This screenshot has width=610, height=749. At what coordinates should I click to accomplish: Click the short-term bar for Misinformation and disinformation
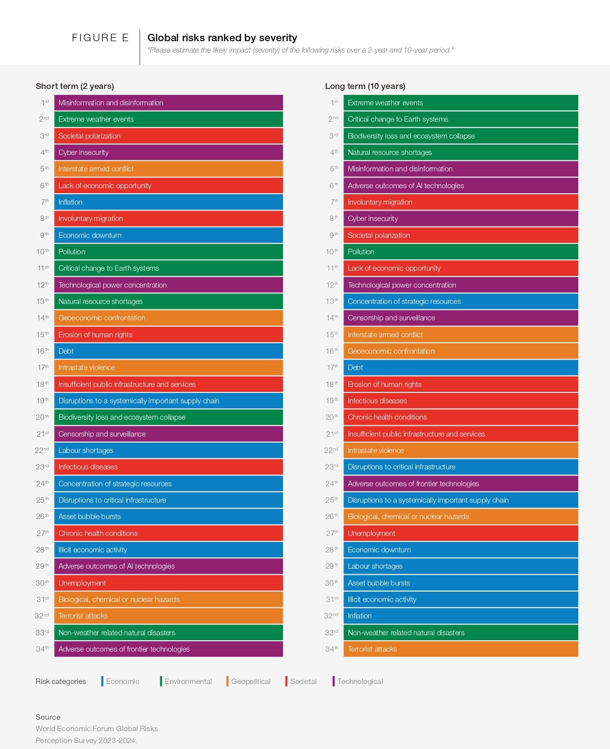click(x=168, y=103)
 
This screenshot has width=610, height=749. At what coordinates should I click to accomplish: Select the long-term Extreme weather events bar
click(x=461, y=103)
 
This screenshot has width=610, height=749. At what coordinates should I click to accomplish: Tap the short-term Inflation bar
click(x=168, y=202)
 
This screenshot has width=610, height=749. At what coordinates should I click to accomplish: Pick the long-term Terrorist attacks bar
click(x=461, y=649)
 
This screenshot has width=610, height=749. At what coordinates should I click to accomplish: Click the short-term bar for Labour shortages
click(x=168, y=450)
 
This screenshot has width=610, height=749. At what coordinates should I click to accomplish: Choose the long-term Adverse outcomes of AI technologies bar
click(x=461, y=186)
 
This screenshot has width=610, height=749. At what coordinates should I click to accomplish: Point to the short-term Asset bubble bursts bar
click(x=168, y=517)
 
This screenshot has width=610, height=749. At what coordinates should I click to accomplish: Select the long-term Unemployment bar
click(x=461, y=533)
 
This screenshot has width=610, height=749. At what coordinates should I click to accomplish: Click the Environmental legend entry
click(x=188, y=681)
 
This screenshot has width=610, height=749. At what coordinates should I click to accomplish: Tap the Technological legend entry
click(x=360, y=681)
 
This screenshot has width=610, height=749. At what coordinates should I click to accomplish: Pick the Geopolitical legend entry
click(x=250, y=681)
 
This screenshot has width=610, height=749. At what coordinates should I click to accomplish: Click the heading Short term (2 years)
click(x=75, y=86)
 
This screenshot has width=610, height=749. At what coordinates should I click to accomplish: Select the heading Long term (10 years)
click(x=365, y=86)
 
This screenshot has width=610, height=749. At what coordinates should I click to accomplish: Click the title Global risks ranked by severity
click(x=222, y=38)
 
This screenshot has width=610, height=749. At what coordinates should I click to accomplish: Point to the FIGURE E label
click(x=100, y=38)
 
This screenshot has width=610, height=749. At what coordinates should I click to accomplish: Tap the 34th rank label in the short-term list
click(x=42, y=649)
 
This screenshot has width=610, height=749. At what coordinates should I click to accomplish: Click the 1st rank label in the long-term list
click(x=335, y=103)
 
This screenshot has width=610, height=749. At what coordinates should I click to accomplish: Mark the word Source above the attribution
click(x=48, y=717)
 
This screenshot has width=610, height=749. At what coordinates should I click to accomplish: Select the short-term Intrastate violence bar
click(x=168, y=368)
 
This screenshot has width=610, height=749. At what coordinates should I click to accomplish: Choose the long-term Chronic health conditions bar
click(x=461, y=417)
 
